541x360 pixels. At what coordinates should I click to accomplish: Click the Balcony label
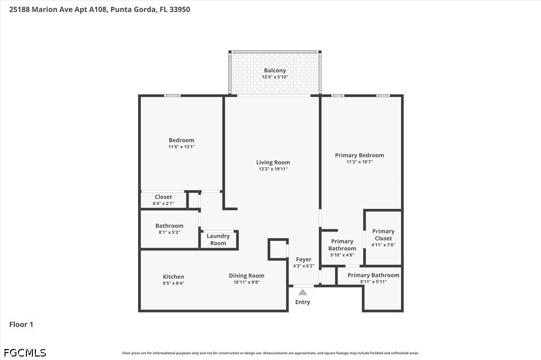pos(275,70)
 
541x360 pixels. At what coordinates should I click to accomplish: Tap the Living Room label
pos(273,162)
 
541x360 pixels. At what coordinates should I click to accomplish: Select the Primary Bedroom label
pos(360,155)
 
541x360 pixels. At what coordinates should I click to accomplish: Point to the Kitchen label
pos(173,276)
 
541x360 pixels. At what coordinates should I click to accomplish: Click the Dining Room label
pos(247,276)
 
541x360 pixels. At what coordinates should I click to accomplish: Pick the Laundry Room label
pos(218,240)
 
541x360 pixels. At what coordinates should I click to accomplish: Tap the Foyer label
pos(303,259)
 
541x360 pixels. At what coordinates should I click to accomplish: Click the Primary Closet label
pos(383,235)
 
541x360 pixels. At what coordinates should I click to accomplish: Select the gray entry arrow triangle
pos(302,292)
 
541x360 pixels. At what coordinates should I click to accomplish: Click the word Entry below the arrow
pos(302,302)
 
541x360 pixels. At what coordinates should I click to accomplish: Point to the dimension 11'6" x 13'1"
pos(181,147)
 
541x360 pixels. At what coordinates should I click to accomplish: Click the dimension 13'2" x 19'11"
pos(273,169)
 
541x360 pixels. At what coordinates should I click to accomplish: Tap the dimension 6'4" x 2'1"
pos(163,204)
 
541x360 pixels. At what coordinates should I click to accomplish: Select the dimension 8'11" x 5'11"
pos(373,282)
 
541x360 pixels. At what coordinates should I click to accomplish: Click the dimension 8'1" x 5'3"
pos(169,233)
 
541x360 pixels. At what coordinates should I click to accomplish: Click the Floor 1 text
pos(21,325)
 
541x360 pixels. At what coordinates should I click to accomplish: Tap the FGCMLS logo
pos(25,353)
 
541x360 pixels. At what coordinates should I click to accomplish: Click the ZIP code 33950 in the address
pos(180,9)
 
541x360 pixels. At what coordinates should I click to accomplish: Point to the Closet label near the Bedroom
pos(163,197)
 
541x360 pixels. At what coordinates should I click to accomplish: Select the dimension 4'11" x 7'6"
pos(383,245)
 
